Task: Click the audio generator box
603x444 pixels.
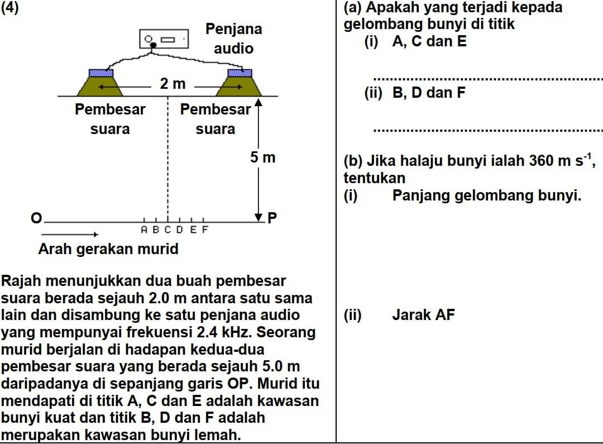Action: [163, 40]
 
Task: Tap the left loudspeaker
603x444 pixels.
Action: [101, 83]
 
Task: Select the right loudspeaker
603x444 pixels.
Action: [240, 83]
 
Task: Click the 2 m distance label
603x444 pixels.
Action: [173, 84]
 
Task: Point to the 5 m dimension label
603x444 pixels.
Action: [262, 157]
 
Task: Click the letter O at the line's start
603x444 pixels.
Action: [36, 217]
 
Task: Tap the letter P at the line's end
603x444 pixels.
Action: [272, 217]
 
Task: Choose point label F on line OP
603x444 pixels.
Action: [204, 229]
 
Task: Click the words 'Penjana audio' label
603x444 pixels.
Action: [234, 39]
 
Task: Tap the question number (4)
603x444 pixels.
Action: [11, 8]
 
